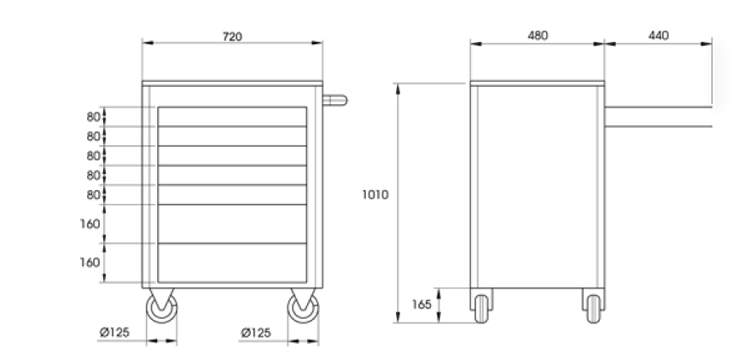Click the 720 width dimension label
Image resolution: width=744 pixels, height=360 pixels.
[232, 36]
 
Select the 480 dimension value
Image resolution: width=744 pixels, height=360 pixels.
[538, 36]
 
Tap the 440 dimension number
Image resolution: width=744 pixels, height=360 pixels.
[658, 36]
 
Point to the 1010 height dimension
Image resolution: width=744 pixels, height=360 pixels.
[375, 195]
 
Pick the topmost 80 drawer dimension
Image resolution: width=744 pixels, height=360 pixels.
[93, 117]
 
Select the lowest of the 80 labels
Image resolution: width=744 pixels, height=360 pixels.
[93, 195]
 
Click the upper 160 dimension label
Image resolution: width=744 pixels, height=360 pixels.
[90, 224]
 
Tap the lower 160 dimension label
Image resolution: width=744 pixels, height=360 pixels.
[90, 262]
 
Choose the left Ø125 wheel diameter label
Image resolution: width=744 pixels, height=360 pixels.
[113, 333]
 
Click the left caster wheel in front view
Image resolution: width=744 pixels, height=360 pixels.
[161, 310]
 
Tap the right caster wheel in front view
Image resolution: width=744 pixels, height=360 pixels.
[302, 310]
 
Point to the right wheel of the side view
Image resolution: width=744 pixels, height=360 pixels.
[594, 306]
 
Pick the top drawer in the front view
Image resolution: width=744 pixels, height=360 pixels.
[232, 117]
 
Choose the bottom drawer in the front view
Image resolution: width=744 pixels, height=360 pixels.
[232, 263]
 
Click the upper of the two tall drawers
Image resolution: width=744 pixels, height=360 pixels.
[232, 224]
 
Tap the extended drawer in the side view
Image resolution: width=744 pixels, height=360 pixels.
[658, 115]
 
